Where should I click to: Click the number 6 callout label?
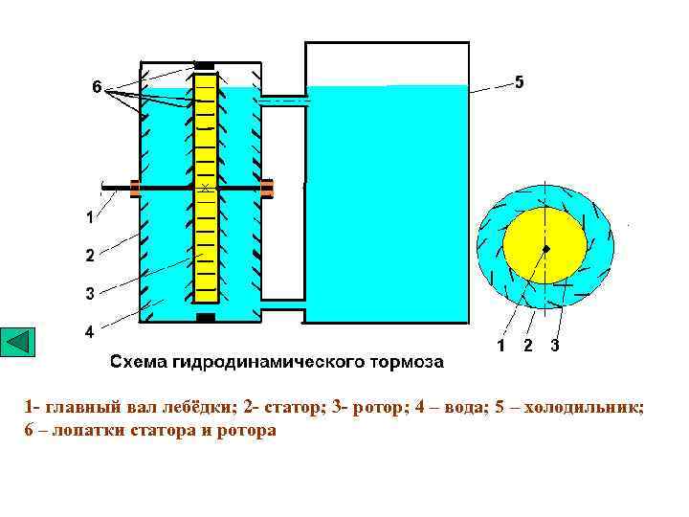97,87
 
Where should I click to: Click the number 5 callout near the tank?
519,82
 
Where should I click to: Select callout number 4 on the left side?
89,332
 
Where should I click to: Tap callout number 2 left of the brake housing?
89,255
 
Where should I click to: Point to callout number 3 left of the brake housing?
89,293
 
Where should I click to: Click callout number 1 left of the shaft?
89,217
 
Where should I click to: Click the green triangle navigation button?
18,343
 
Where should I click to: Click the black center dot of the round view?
545,249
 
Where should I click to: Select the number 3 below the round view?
555,346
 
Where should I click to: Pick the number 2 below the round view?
528,346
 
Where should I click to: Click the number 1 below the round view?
501,346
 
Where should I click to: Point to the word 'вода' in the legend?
458,408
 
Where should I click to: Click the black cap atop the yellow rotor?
204,65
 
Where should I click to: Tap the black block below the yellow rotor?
205,317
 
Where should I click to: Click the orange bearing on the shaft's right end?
267,188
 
